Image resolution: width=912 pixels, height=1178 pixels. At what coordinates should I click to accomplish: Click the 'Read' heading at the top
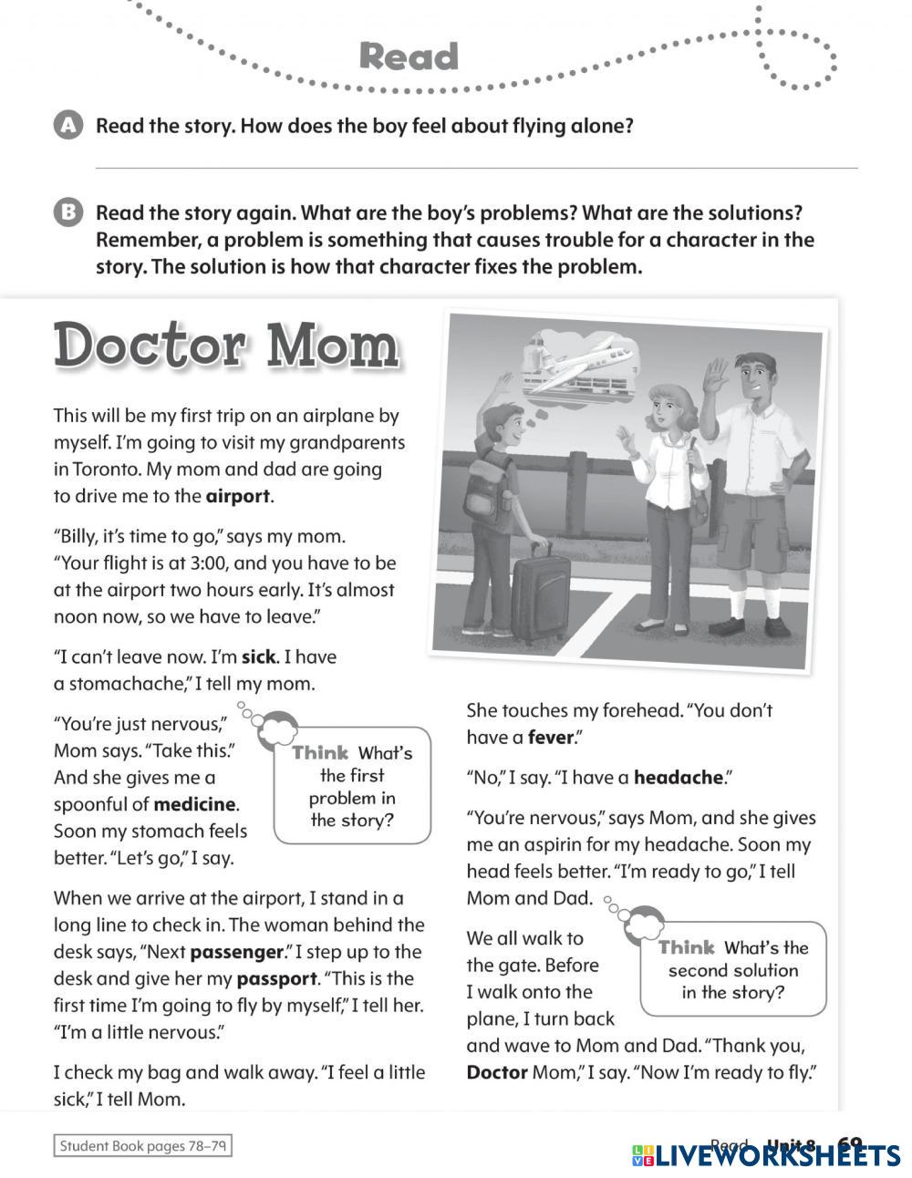(409, 57)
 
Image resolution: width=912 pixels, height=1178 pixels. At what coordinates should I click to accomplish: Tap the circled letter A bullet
(67, 126)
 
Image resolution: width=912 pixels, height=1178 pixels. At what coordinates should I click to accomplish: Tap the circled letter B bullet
(67, 212)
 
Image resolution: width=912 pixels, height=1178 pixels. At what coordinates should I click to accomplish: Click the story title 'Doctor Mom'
(226, 346)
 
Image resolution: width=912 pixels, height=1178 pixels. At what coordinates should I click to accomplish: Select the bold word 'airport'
(238, 496)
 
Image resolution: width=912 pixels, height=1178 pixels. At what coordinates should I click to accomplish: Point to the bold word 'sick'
(258, 656)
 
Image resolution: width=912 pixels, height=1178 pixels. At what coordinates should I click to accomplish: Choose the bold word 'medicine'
(195, 804)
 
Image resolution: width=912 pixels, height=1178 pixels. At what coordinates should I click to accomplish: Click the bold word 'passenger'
(237, 952)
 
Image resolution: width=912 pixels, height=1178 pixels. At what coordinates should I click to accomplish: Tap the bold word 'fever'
(550, 737)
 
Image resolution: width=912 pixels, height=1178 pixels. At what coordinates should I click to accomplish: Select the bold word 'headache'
(679, 777)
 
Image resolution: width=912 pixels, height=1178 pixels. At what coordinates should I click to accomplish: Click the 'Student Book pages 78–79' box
(143, 1145)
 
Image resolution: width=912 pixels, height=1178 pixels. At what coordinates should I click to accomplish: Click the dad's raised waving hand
(716, 377)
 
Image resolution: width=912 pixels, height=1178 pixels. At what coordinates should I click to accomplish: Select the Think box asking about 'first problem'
(353, 785)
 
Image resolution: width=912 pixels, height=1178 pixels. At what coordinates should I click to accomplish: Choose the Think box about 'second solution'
(733, 970)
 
